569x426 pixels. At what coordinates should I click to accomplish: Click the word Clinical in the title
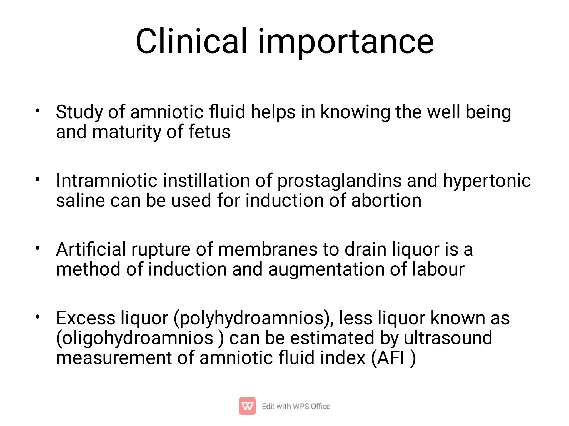tap(191, 42)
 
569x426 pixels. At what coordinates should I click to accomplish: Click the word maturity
tap(126, 132)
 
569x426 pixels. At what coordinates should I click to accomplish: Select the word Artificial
tap(91, 249)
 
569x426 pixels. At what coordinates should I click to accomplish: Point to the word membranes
tap(268, 249)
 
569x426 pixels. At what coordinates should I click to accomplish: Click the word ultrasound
tap(448, 338)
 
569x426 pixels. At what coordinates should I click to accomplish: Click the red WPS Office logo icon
tap(247, 406)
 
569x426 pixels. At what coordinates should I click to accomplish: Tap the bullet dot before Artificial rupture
tap(38, 248)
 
